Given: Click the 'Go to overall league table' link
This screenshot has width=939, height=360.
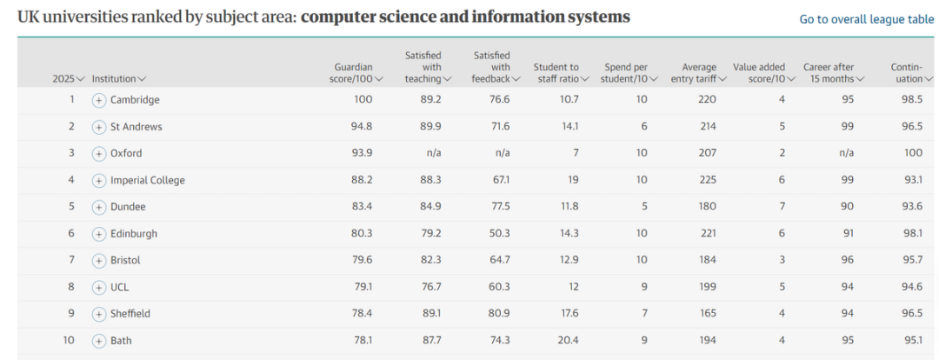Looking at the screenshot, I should point(866,19).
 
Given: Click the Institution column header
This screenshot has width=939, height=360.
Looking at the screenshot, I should point(118,79).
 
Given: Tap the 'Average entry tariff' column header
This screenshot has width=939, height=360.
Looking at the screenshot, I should point(698,73).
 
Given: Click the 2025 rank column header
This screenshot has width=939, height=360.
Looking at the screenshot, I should point(69,79).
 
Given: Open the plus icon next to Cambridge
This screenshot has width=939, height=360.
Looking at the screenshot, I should point(98,100).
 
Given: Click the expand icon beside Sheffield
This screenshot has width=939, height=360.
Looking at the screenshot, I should point(98,314).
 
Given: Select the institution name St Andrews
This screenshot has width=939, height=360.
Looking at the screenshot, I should point(136,127).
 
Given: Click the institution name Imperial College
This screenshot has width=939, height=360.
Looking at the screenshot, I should point(147,181).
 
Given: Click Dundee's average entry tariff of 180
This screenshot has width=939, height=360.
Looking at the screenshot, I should point(707,207).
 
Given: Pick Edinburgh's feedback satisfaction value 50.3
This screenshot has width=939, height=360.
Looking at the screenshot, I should point(499,234).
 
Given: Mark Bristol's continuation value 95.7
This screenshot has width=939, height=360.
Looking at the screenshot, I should point(911,261).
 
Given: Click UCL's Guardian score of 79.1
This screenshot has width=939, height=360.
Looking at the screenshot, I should point(362,287).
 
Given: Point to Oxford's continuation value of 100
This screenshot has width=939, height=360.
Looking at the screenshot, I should point(913,154).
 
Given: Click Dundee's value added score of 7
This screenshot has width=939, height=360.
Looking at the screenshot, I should point(782,207).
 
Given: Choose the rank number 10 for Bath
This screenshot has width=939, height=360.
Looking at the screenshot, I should point(69,341).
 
